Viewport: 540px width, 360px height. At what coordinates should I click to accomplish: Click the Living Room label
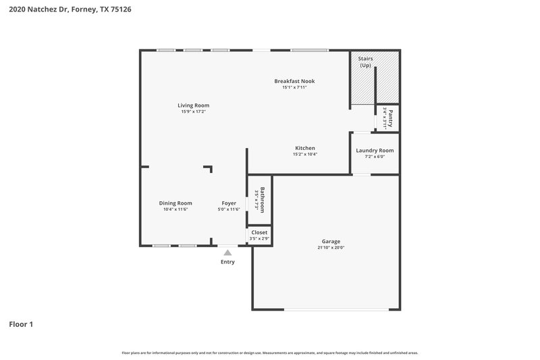[x=193, y=105]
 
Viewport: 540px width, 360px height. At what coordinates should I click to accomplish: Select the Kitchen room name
[x=305, y=148]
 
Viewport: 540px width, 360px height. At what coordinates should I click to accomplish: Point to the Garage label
[x=331, y=241]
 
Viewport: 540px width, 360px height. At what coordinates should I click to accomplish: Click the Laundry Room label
[x=375, y=151]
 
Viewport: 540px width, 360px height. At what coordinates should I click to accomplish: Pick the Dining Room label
[x=175, y=203]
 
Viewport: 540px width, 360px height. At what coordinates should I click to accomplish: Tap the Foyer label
[x=229, y=203]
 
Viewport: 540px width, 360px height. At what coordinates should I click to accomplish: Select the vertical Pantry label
[x=390, y=118]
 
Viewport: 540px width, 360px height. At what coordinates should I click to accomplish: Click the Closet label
[x=259, y=232]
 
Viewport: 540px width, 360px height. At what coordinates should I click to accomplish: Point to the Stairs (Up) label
[x=365, y=62]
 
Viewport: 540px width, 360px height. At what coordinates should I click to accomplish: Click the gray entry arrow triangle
[x=227, y=252]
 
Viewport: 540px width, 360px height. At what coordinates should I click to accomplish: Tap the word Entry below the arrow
[x=227, y=262]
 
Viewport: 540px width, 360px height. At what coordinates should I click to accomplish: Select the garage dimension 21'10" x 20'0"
[x=331, y=248]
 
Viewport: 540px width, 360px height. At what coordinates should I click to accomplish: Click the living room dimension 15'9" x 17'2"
[x=193, y=111]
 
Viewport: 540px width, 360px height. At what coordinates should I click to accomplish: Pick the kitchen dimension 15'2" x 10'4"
[x=305, y=154]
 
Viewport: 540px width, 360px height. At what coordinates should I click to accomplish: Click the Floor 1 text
[x=21, y=324]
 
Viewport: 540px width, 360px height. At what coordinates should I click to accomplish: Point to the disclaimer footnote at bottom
[x=269, y=353]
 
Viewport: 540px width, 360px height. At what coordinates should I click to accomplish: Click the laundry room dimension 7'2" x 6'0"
[x=375, y=157]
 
